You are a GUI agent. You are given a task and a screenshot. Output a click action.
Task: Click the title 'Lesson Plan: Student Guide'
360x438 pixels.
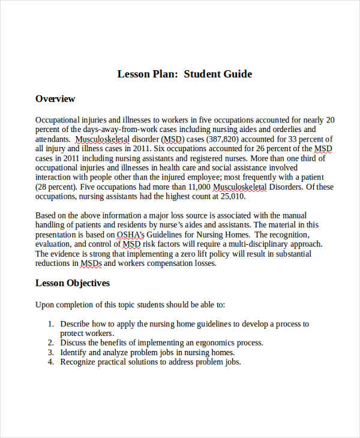[x=185, y=74]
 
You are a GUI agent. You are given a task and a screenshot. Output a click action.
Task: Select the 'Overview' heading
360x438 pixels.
[x=55, y=99]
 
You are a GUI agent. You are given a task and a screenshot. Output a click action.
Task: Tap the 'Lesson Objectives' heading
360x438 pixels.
[x=73, y=283]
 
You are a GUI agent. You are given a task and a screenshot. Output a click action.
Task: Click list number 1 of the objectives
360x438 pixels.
[x=51, y=324]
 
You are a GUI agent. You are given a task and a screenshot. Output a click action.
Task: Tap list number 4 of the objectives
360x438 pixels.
[x=51, y=362]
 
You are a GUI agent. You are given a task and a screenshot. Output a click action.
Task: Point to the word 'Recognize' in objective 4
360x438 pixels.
[x=79, y=362]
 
